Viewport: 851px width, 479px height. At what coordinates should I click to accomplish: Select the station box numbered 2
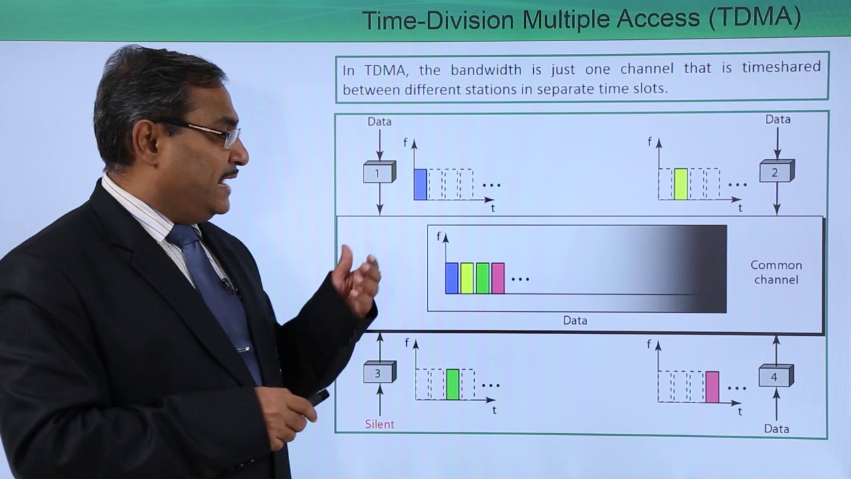776,172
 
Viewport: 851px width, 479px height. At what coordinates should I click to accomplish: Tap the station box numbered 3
379,373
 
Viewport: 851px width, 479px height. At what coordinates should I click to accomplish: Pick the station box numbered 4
775,376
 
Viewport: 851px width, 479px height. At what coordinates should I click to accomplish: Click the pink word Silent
380,424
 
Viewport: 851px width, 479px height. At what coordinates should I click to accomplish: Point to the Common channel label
776,272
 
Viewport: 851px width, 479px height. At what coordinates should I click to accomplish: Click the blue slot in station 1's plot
420,184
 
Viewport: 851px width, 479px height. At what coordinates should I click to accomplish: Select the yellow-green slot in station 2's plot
681,184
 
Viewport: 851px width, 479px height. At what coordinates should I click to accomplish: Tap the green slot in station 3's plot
453,384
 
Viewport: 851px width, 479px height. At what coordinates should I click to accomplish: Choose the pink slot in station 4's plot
712,387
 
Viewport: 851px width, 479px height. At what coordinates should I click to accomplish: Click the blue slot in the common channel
452,278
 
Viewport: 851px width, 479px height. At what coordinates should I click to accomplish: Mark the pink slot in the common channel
498,278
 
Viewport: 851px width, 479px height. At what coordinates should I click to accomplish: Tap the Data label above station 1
380,122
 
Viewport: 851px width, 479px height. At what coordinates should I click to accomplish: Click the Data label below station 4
776,428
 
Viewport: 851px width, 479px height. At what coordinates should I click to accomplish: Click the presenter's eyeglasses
213,132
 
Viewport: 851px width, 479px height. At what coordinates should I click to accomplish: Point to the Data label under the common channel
575,320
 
